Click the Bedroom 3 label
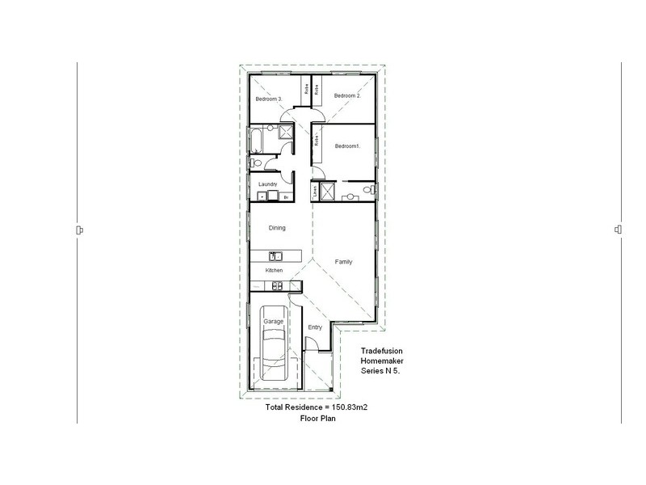(268, 99)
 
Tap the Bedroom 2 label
(347, 95)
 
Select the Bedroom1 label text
(347, 145)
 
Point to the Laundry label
(268, 185)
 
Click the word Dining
(277, 228)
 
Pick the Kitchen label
(275, 270)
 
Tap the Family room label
(344, 262)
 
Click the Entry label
(315, 327)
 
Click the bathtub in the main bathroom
(255, 141)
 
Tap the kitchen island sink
(275, 255)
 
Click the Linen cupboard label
(314, 192)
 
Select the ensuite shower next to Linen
(328, 192)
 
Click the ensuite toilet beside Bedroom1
(367, 190)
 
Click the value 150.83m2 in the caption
(350, 408)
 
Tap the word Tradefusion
(382, 351)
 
